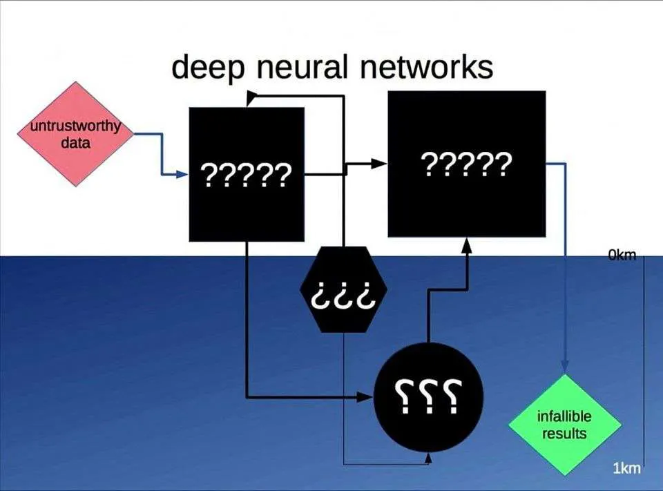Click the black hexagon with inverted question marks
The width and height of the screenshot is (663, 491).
pos(343,289)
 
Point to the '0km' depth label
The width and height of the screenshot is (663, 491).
pos(622,256)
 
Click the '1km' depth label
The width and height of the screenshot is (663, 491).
pos(626,469)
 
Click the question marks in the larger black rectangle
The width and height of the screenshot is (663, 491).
pos(466,164)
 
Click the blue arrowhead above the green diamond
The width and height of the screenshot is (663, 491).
pos(565,367)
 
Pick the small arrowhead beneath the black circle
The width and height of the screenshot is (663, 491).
pos(428,457)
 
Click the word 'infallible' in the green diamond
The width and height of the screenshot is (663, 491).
pos(564,417)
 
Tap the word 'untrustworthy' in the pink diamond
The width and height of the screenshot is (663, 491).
pos(75,126)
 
